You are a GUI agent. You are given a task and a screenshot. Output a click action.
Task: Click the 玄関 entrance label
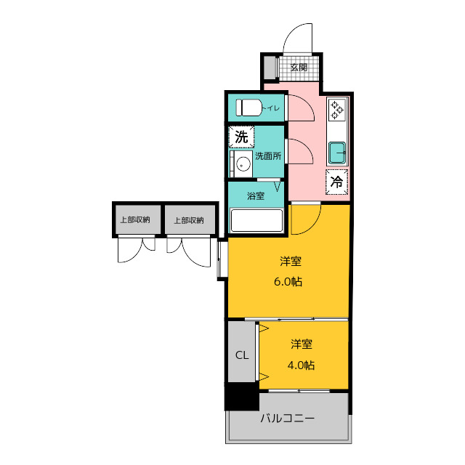(299, 68)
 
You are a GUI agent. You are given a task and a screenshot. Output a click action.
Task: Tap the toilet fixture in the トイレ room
(248, 108)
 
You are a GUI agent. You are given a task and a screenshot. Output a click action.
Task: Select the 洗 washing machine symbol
(241, 137)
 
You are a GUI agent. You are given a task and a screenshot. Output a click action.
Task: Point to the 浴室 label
(256, 196)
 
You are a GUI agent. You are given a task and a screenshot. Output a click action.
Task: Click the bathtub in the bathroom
(256, 220)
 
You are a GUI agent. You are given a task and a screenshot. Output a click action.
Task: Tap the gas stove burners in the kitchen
(337, 109)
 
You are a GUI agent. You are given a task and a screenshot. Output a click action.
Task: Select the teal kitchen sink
(337, 153)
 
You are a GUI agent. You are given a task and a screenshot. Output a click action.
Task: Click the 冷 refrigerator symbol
(336, 182)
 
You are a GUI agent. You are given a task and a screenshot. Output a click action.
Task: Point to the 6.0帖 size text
(288, 281)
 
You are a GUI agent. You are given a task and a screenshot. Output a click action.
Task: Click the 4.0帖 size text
(301, 365)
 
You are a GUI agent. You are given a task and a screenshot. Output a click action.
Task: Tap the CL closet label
(242, 355)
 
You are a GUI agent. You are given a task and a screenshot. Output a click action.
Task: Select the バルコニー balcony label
(288, 418)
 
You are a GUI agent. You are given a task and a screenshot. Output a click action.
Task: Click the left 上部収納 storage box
(137, 219)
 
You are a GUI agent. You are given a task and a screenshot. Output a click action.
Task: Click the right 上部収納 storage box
(190, 219)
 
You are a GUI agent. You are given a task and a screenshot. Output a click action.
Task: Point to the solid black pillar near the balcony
(242, 397)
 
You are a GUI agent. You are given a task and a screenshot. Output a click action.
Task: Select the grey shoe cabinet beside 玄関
(270, 68)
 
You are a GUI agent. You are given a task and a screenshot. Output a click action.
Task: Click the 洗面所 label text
(268, 156)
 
